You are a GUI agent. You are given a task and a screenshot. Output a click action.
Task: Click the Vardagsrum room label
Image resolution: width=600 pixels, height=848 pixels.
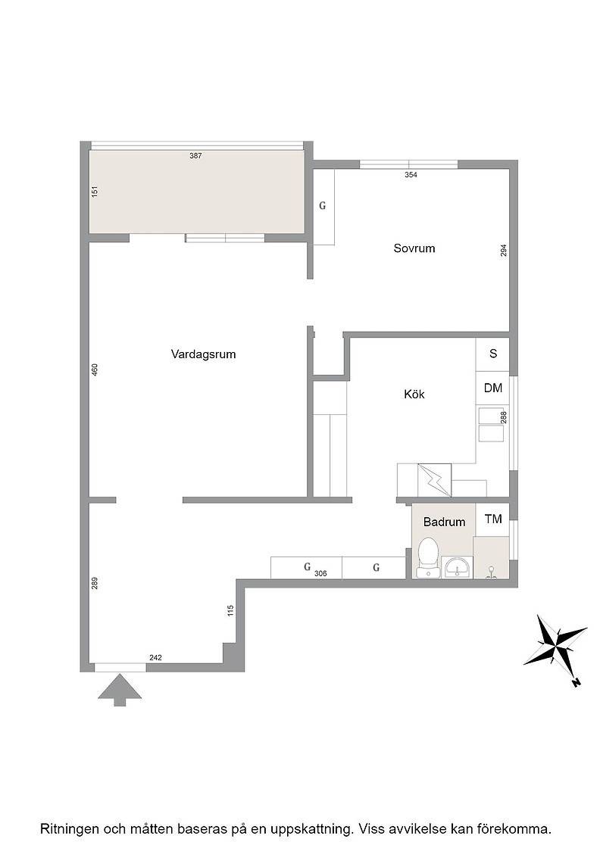pyautogui.click(x=204, y=355)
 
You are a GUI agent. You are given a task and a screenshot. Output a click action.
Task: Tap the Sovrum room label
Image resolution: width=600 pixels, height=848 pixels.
pyautogui.click(x=414, y=249)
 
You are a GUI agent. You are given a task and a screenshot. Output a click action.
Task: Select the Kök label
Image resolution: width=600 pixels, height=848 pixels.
pyautogui.click(x=414, y=394)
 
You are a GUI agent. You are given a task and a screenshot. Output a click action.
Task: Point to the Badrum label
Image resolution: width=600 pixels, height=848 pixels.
pyautogui.click(x=444, y=522)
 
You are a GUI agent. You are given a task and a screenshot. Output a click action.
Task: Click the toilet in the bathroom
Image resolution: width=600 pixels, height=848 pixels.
pyautogui.click(x=429, y=556)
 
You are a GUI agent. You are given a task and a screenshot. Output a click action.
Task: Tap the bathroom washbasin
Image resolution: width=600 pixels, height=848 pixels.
pyautogui.click(x=457, y=567)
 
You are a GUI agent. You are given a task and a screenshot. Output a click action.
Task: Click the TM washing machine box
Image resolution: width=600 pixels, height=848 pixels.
pyautogui.click(x=493, y=519)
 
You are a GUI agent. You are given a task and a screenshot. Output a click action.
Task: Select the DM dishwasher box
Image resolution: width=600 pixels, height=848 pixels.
pyautogui.click(x=493, y=388)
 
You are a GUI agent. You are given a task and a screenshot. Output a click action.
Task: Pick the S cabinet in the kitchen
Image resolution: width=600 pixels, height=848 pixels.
pyautogui.click(x=493, y=354)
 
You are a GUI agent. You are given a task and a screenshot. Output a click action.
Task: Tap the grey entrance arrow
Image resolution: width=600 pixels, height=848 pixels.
pyautogui.click(x=120, y=690)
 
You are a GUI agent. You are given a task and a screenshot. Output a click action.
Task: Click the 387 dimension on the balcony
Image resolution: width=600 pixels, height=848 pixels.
pyautogui.click(x=196, y=156)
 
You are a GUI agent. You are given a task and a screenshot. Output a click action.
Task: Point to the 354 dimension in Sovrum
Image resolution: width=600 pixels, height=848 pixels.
pyautogui.click(x=411, y=175)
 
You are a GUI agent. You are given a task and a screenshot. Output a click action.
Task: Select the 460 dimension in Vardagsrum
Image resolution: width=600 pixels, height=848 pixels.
pyautogui.click(x=95, y=370)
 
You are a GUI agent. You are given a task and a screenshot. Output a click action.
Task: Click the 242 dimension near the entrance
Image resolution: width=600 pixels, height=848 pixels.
pyautogui.click(x=155, y=658)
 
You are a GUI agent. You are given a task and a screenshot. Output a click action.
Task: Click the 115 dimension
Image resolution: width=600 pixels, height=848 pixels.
pyautogui.click(x=231, y=610)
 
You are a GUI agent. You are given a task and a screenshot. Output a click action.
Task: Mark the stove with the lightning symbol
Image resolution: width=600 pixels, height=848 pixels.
pyautogui.click(x=434, y=480)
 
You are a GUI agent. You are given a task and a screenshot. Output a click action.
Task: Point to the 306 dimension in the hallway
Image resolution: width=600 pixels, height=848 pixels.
pyautogui.click(x=320, y=573)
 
